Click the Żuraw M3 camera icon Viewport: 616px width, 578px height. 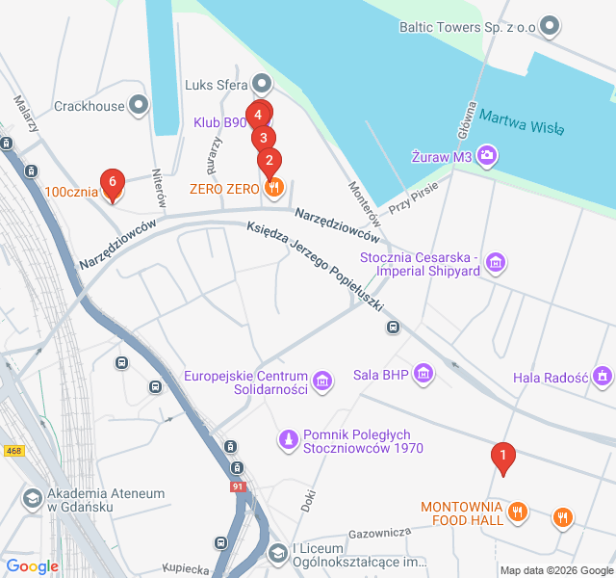coord(488,154)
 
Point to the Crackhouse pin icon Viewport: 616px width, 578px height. coord(139,104)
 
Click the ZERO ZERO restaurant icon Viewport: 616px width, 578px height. coord(275,188)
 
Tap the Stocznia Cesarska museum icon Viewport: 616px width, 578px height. coord(497,261)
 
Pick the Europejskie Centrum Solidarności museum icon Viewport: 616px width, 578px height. coord(323,381)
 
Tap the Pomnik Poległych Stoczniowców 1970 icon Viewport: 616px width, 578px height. coord(287,440)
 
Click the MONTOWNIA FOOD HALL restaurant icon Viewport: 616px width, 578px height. coord(518,512)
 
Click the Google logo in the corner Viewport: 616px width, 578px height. coord(33,566)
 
